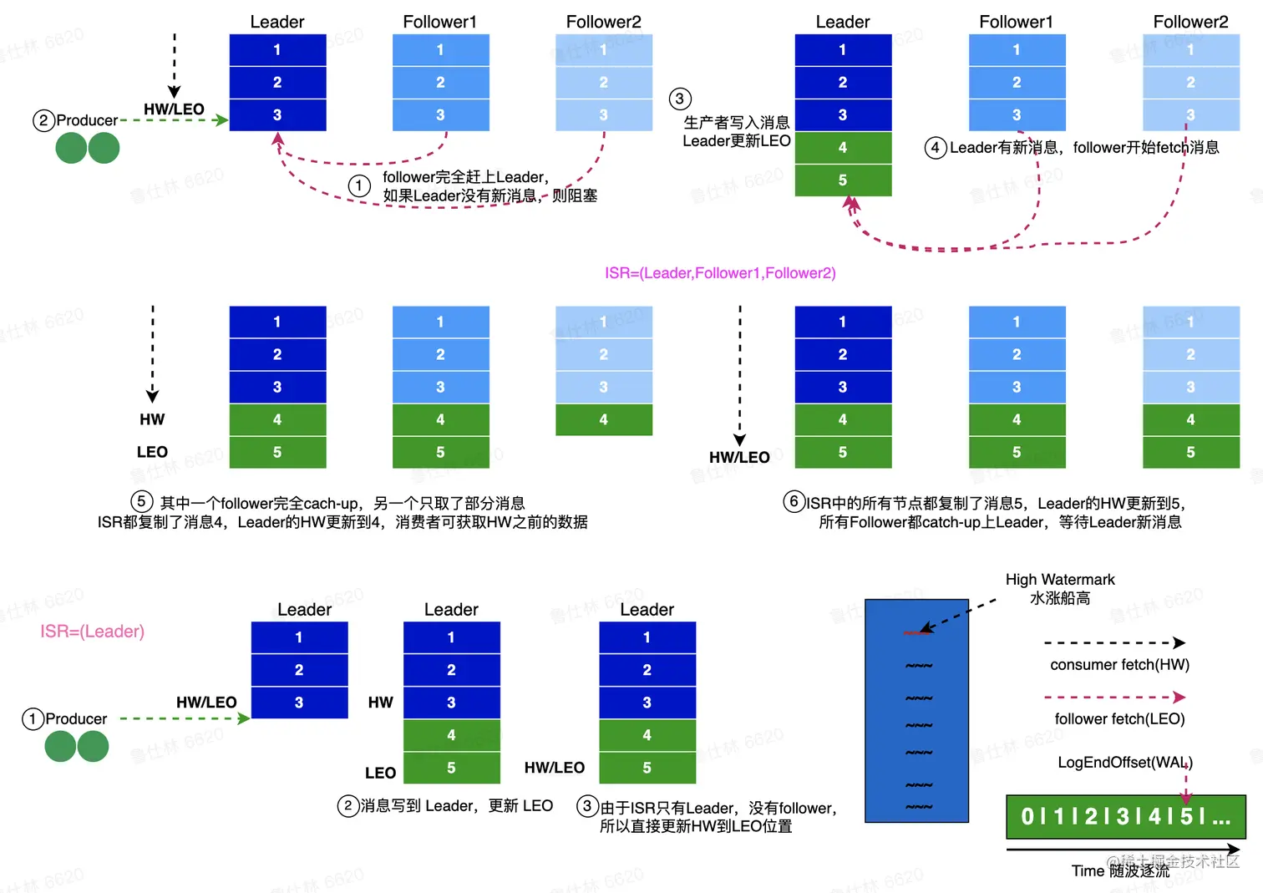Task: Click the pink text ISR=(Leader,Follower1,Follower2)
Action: pyautogui.click(x=720, y=273)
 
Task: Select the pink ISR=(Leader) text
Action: pyautogui.click(x=92, y=632)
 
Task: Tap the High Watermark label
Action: pyautogui.click(x=1059, y=580)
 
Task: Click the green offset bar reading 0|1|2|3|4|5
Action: pyautogui.click(x=1125, y=816)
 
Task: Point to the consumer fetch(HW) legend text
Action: pyautogui.click(x=1119, y=665)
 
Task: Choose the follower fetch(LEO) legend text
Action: pyautogui.click(x=1119, y=718)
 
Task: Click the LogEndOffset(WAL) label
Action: pyautogui.click(x=1124, y=763)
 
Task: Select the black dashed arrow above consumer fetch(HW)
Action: pyautogui.click(x=1113, y=643)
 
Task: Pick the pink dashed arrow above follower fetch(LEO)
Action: pyautogui.click(x=1113, y=697)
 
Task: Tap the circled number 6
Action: pyautogui.click(x=794, y=501)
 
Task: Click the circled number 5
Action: pyautogui.click(x=141, y=501)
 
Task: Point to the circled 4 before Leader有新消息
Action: pyautogui.click(x=935, y=148)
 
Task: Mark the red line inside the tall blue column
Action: pyautogui.click(x=917, y=633)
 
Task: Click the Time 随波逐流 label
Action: pyautogui.click(x=1120, y=870)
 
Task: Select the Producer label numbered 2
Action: pyautogui.click(x=86, y=120)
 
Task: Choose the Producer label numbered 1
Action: pyautogui.click(x=75, y=719)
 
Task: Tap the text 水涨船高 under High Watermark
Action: pyautogui.click(x=1059, y=598)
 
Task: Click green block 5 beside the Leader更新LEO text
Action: pyautogui.click(x=843, y=180)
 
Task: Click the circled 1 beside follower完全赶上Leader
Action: pyautogui.click(x=359, y=185)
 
